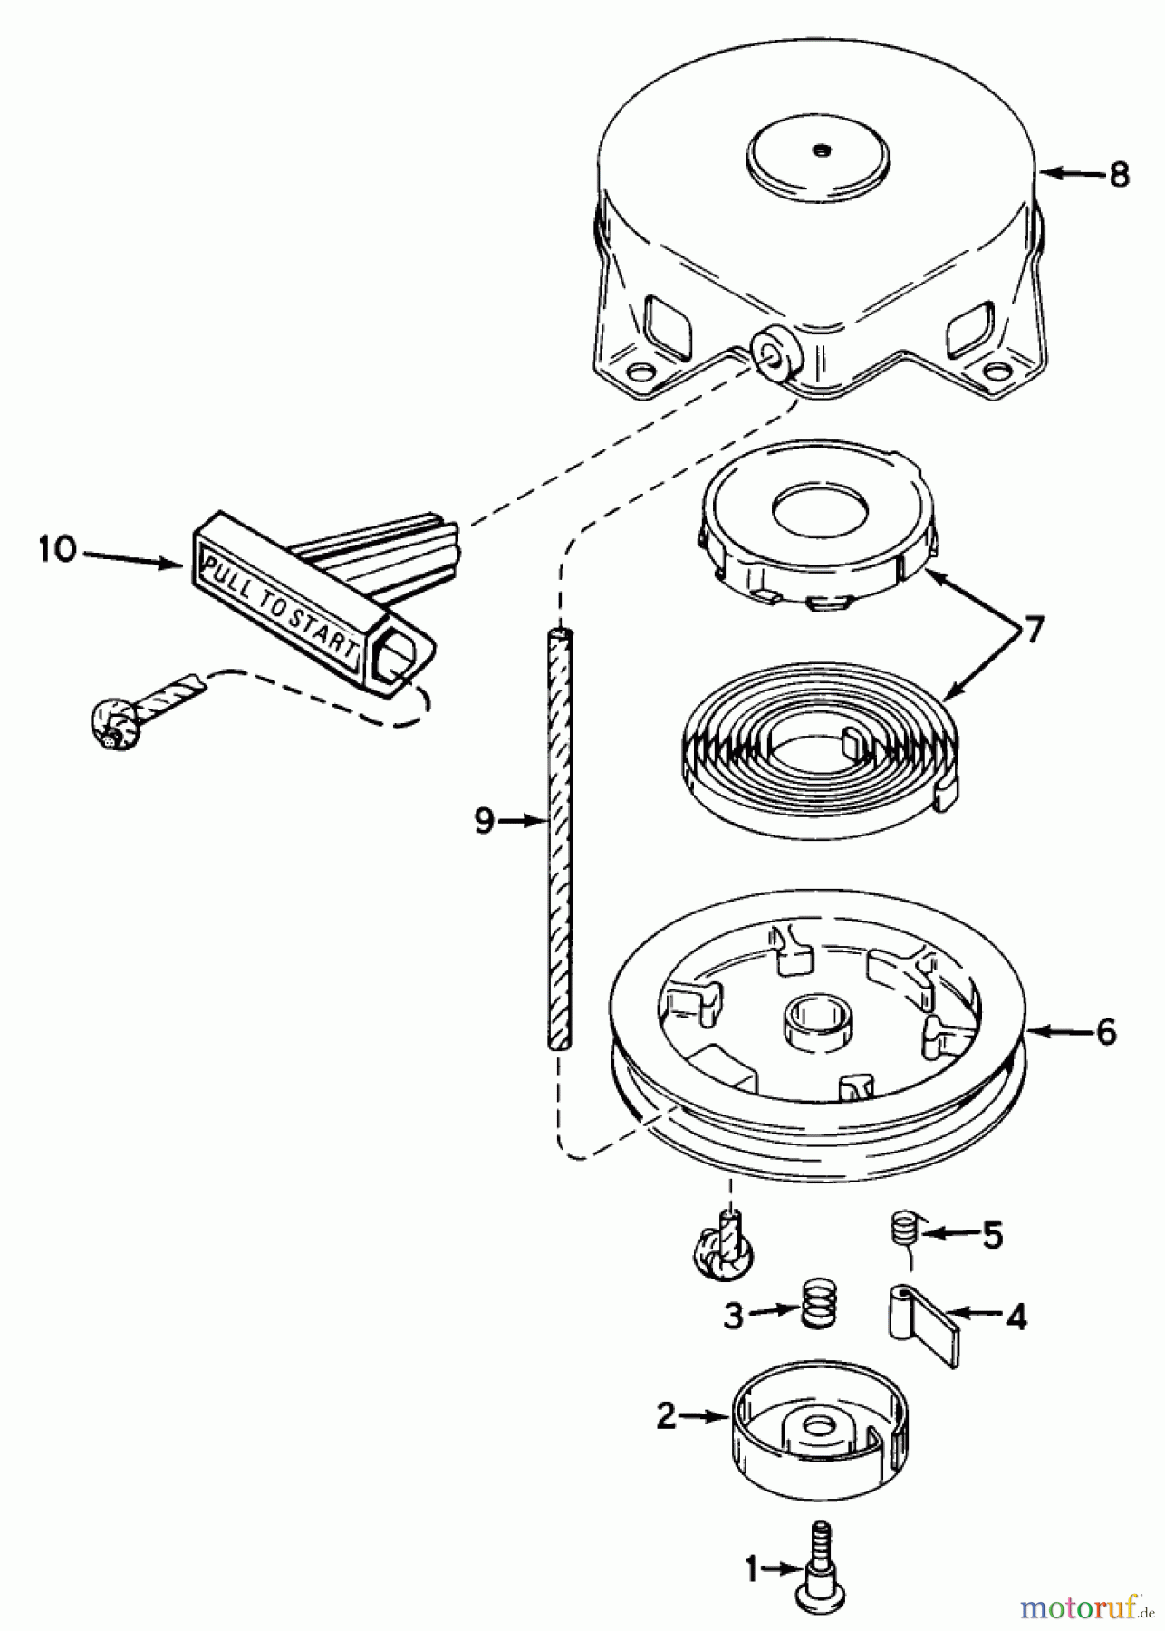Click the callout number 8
[x=1119, y=173]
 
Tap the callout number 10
[x=57, y=550]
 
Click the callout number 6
[x=1106, y=1032]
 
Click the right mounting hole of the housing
[x=997, y=372]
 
